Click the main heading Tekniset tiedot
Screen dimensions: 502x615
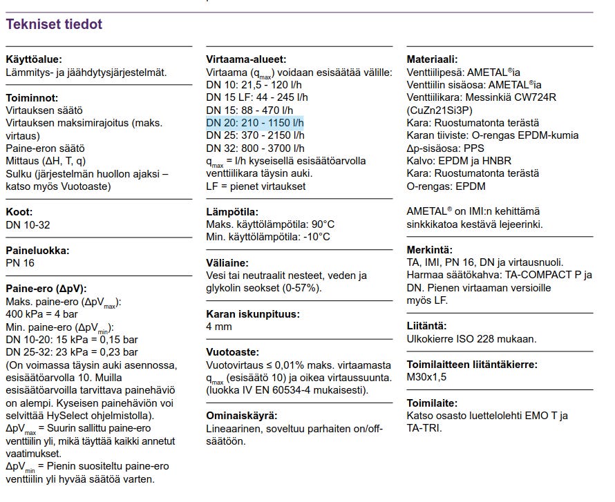click(x=54, y=25)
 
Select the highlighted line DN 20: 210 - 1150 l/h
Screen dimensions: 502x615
click(x=255, y=123)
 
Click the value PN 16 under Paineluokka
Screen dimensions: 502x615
click(x=20, y=263)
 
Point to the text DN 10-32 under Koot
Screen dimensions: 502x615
click(x=28, y=225)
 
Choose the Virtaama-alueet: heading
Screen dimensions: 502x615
click(x=246, y=60)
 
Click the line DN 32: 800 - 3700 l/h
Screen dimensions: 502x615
click(x=255, y=148)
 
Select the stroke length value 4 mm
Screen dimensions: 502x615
click(x=219, y=327)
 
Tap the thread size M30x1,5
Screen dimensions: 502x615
click(x=427, y=377)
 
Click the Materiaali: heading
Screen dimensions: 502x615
click(x=432, y=60)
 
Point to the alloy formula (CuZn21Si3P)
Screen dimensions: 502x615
click(x=439, y=110)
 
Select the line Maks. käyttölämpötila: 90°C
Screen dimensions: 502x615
click(x=270, y=224)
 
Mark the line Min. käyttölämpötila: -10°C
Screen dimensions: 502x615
click(x=268, y=237)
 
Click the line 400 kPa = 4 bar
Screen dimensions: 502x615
click(x=41, y=314)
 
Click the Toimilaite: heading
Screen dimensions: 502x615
click(x=432, y=403)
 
